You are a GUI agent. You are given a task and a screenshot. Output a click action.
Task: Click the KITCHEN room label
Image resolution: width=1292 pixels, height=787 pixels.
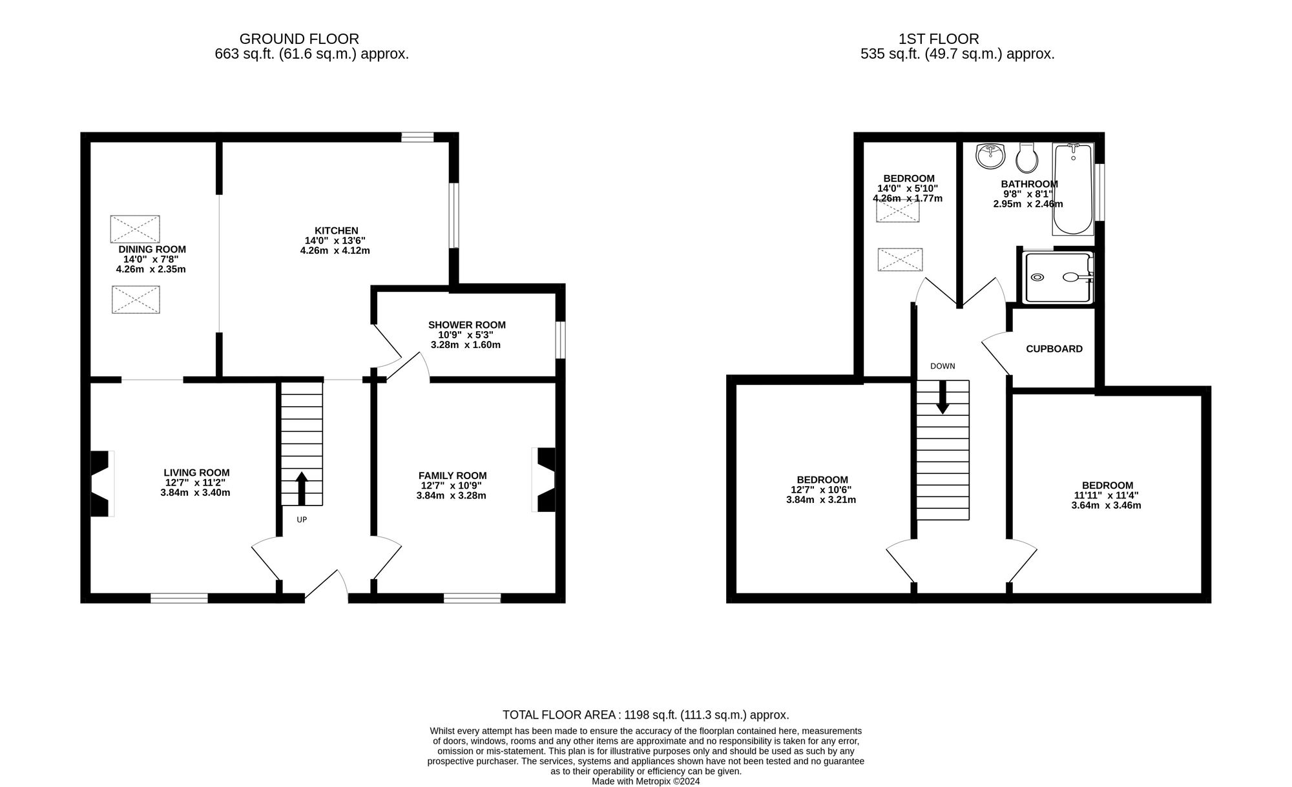click(336, 230)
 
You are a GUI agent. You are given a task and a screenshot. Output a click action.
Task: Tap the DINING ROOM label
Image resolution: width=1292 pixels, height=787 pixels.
click(152, 249)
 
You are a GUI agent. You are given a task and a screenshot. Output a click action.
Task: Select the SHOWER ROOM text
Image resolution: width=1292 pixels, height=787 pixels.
click(466, 325)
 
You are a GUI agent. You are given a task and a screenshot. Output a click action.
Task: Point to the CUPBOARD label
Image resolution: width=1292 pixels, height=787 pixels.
click(1054, 349)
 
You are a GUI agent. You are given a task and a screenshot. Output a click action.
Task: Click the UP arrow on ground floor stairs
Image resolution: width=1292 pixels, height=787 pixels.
click(301, 488)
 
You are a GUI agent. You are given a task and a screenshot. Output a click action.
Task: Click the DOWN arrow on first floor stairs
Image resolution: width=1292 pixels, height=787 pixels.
click(943, 396)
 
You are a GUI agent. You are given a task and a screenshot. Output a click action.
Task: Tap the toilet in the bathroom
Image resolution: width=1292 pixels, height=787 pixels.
click(1026, 156)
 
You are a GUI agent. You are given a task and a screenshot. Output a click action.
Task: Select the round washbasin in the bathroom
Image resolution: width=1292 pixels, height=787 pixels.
click(990, 156)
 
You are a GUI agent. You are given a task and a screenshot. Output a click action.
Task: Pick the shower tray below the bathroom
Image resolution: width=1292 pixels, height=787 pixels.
click(1058, 277)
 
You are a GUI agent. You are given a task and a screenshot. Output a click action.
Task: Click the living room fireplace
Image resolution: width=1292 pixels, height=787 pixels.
click(101, 484)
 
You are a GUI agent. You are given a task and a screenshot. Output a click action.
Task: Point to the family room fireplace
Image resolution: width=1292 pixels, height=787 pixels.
click(545, 480)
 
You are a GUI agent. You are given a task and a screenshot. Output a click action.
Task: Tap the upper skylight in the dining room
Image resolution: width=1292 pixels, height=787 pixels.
click(135, 229)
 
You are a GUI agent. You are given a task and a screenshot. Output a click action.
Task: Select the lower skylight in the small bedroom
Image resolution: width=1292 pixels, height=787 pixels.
click(900, 260)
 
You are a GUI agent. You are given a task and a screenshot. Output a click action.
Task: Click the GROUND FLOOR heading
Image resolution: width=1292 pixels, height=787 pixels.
click(299, 39)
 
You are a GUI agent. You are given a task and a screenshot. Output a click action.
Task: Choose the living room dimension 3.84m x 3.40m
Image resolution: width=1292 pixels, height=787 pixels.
click(195, 492)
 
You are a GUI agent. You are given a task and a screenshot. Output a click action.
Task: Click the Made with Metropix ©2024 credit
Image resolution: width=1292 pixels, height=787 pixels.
click(645, 781)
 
